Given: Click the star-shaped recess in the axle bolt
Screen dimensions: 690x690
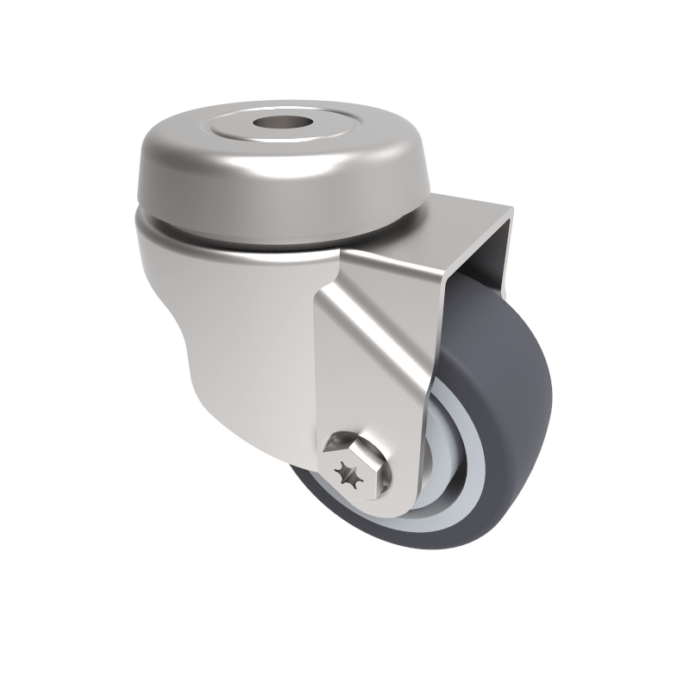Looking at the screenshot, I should pos(349,474).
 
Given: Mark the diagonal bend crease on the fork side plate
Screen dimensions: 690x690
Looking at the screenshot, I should pos(371,328).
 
